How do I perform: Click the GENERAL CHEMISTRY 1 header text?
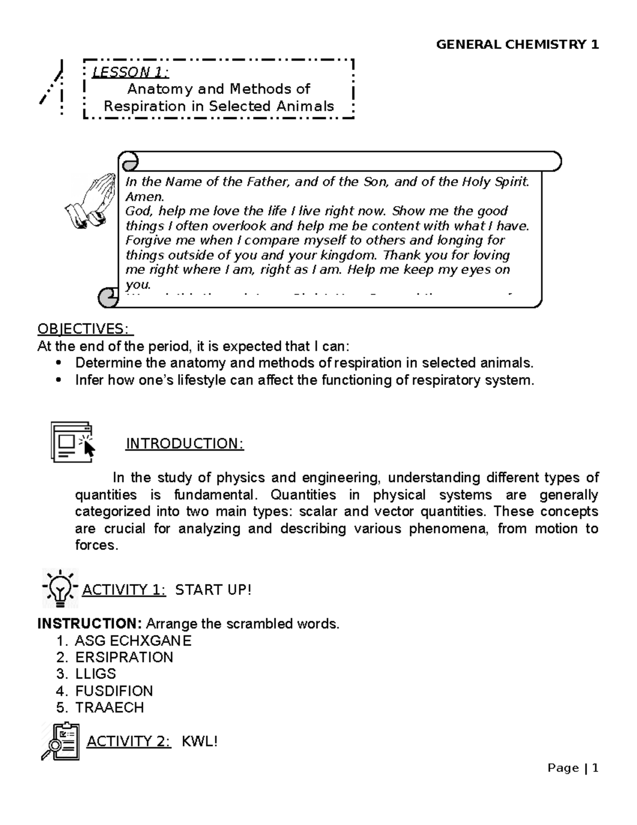[x=517, y=45]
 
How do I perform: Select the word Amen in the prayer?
[x=142, y=197]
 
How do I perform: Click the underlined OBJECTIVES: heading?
[x=85, y=329]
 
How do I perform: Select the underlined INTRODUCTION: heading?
[x=185, y=444]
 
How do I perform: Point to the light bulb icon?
[x=60, y=588]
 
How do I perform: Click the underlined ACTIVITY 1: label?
[x=124, y=590]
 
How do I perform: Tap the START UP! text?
[x=213, y=590]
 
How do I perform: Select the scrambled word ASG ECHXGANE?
[x=133, y=641]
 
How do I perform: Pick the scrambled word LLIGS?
[x=96, y=674]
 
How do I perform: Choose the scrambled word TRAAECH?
[x=109, y=708]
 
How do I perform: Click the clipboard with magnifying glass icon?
[x=60, y=741]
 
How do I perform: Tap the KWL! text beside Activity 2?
[x=200, y=742]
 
